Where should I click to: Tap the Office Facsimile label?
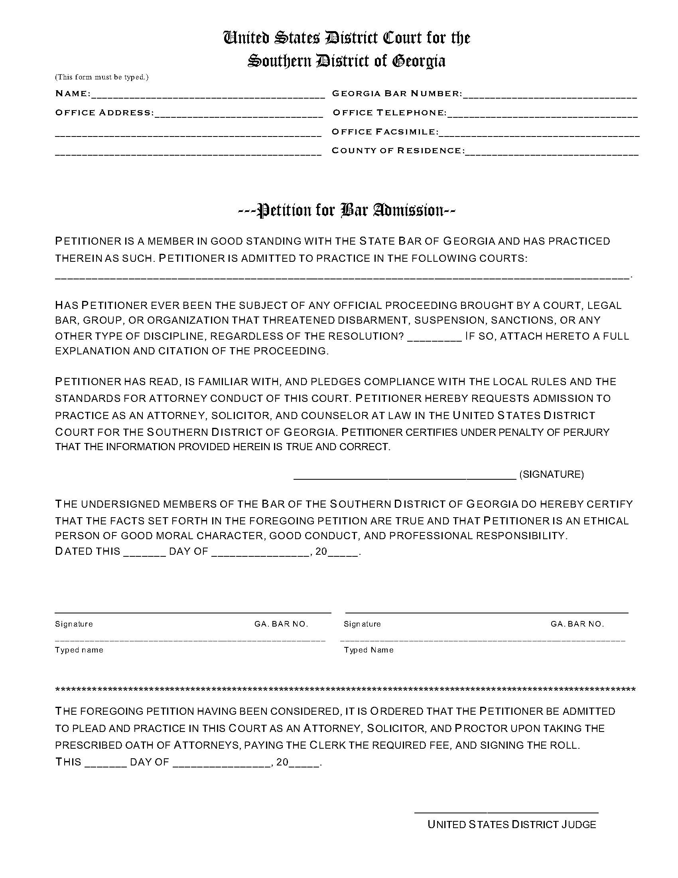[x=384, y=132]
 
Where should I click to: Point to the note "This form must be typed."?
[x=102, y=77]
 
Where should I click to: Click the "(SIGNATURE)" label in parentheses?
[x=552, y=475]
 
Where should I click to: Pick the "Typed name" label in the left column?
[x=79, y=650]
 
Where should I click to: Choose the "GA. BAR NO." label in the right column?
[x=577, y=624]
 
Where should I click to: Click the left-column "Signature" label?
[x=74, y=624]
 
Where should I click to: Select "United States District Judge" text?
[x=511, y=825]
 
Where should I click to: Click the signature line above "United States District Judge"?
[x=506, y=813]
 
